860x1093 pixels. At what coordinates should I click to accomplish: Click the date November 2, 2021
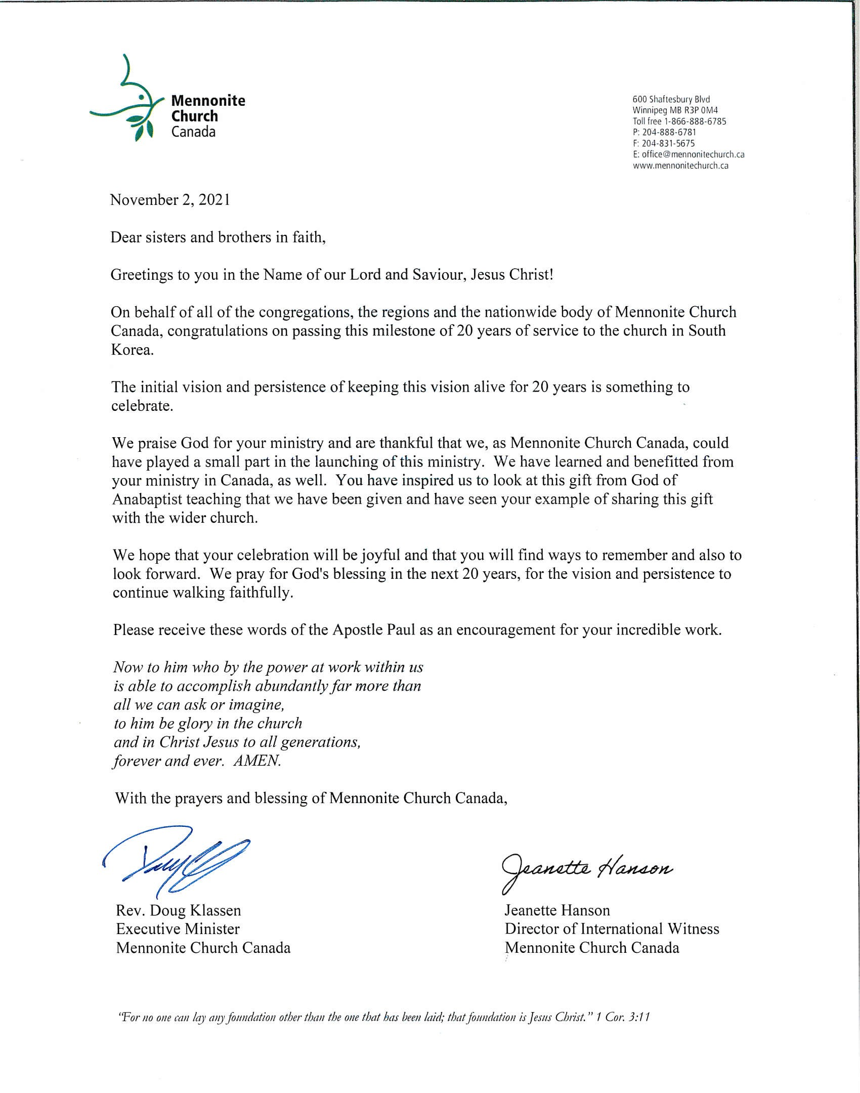[170, 200]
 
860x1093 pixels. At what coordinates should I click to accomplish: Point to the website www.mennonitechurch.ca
[680, 165]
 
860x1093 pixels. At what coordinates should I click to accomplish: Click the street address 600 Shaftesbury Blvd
[671, 99]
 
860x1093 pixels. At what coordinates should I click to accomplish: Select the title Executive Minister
[178, 929]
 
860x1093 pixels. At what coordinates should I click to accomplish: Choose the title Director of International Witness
[612, 929]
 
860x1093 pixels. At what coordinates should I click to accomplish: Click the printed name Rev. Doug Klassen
[178, 910]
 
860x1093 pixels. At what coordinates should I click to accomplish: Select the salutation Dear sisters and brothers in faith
[218, 237]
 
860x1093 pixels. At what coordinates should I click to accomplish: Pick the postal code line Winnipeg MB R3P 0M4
[675, 110]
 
